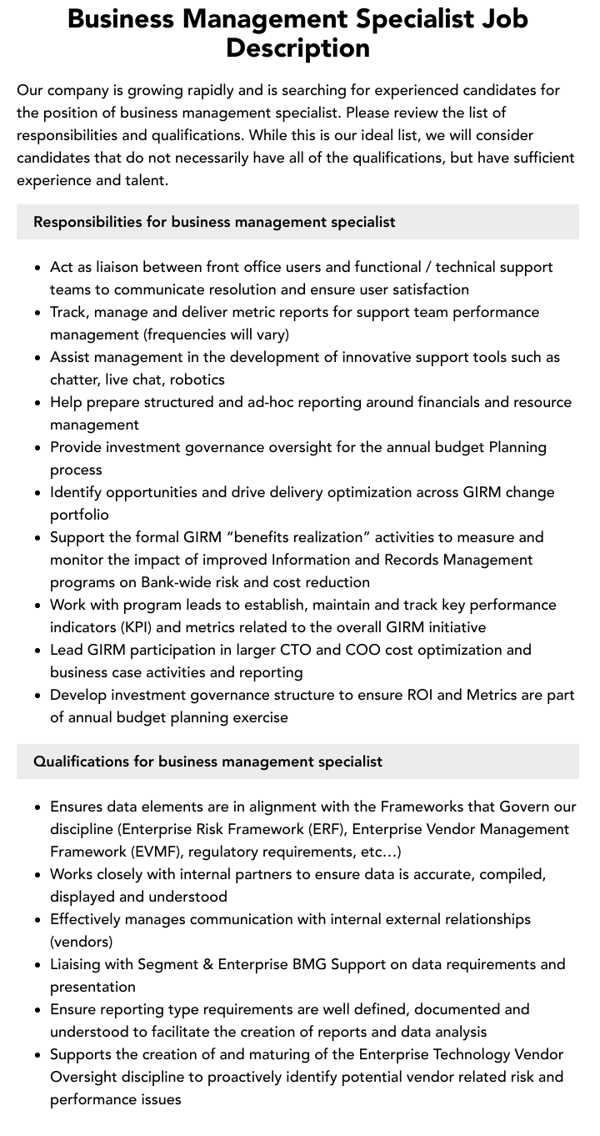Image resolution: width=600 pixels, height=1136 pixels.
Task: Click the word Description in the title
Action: tap(297, 48)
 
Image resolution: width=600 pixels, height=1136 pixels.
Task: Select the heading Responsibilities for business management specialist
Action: tap(214, 222)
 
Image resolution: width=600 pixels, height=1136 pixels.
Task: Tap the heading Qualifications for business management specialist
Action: tap(207, 762)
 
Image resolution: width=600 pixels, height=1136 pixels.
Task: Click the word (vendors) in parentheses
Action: tap(81, 942)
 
